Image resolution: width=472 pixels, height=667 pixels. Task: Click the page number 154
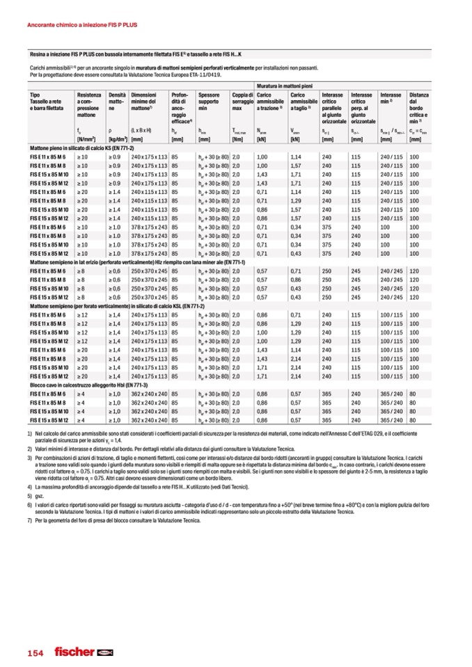click(x=36, y=653)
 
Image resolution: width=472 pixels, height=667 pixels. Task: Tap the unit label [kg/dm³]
click(x=118, y=139)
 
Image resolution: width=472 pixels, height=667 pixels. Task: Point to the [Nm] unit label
click(x=238, y=139)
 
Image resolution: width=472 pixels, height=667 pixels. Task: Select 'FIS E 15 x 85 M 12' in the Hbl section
click(x=49, y=419)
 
